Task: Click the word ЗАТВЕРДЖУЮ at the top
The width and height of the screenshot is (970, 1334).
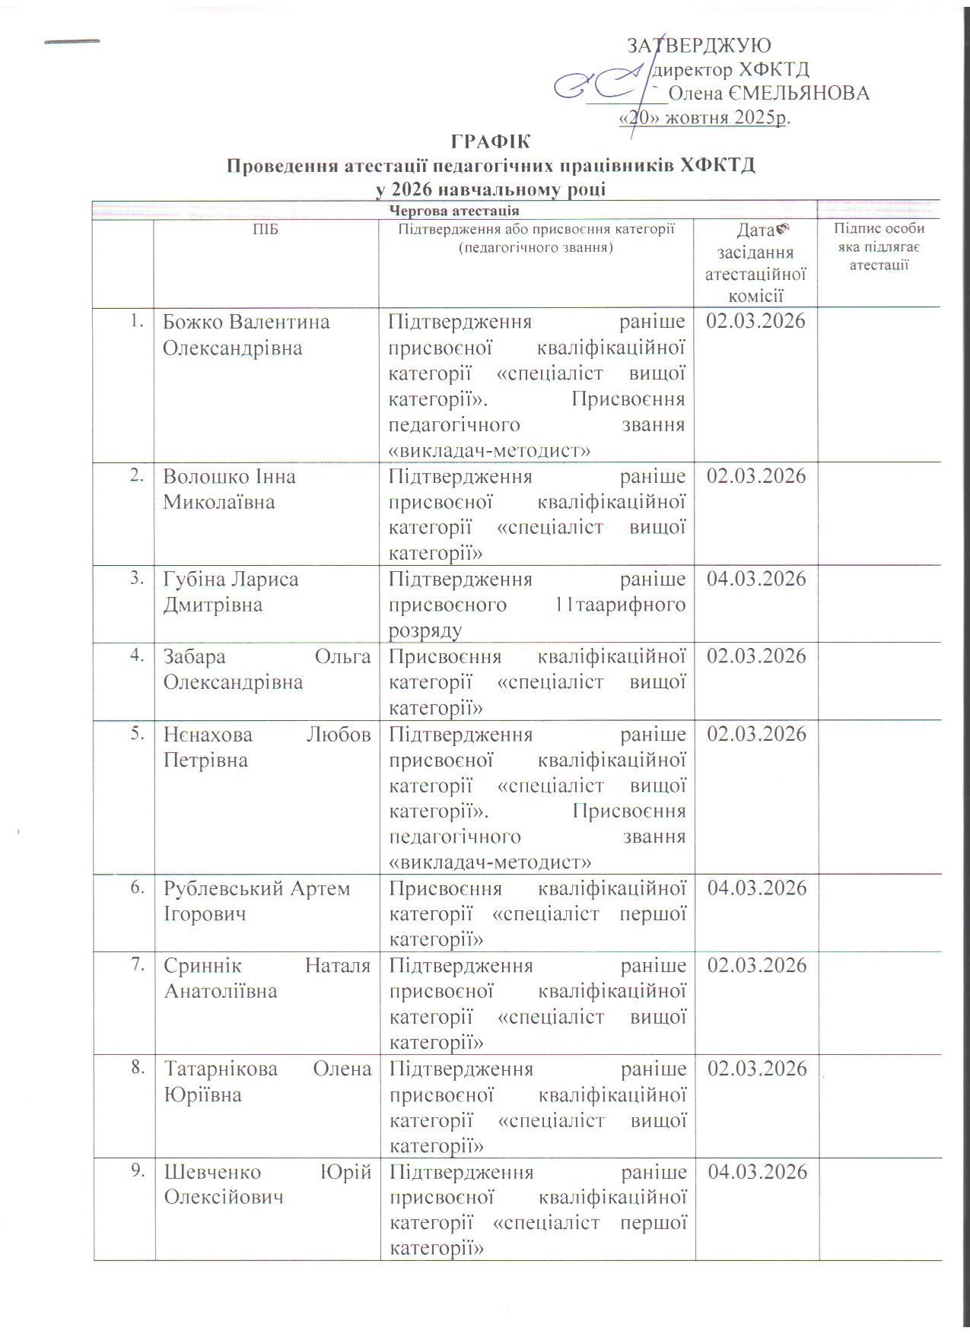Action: [698, 46]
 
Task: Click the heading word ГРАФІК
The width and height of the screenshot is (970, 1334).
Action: [490, 142]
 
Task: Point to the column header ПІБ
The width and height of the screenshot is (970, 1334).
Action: [266, 229]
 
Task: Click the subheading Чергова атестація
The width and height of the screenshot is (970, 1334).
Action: [454, 211]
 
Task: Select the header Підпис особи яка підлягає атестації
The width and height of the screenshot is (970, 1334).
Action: [879, 246]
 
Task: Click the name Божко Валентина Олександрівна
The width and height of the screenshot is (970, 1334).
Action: [246, 335]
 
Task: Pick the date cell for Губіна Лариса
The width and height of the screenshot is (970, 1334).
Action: [756, 580]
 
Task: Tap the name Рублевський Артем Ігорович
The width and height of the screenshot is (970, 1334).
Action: [257, 900]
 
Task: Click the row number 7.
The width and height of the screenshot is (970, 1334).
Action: [138, 964]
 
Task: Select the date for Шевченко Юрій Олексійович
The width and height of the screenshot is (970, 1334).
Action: [757, 1172]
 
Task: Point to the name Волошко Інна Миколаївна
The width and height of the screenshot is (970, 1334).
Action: [229, 489]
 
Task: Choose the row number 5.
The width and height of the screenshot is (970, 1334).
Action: [138, 733]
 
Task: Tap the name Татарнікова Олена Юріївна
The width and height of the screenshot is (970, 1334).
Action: [267, 1081]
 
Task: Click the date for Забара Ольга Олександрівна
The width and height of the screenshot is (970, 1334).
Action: [756, 656]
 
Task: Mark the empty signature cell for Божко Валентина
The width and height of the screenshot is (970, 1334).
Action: [879, 384]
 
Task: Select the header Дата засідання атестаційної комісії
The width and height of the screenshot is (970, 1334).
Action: [755, 263]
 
